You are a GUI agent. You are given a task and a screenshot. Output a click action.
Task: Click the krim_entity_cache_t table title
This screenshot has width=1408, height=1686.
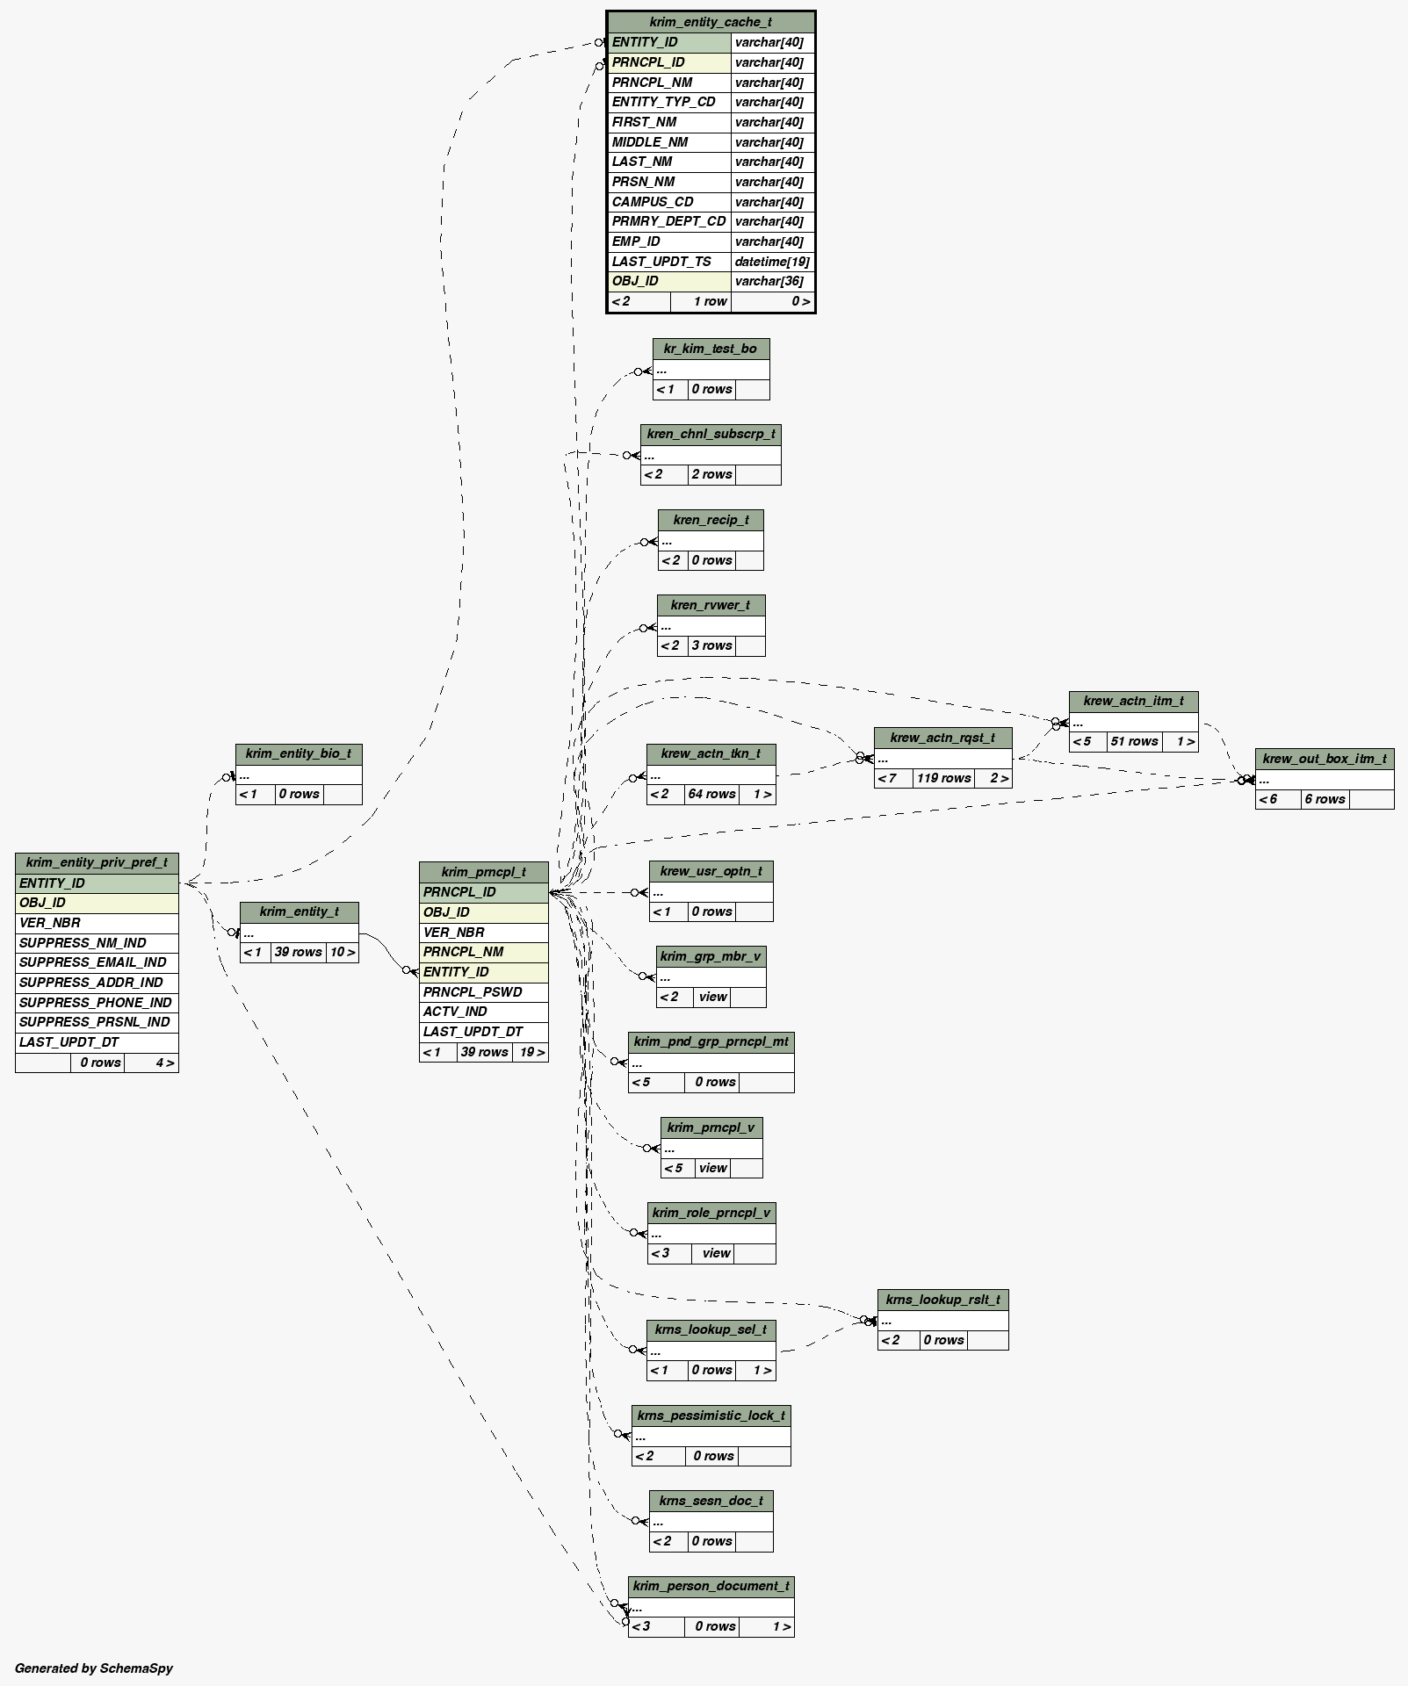(711, 22)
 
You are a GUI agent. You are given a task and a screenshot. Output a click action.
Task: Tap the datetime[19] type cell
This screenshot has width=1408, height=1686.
(772, 262)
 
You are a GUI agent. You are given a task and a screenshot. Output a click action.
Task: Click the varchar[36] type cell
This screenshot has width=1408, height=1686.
(769, 281)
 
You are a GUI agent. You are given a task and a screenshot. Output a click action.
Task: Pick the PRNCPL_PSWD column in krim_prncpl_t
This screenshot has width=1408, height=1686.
(473, 992)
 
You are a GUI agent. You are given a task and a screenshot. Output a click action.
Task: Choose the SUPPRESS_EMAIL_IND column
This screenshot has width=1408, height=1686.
(93, 962)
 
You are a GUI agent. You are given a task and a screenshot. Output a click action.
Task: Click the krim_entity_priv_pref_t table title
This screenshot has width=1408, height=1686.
(97, 862)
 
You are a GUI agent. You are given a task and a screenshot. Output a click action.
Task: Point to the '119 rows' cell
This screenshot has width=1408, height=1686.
(944, 778)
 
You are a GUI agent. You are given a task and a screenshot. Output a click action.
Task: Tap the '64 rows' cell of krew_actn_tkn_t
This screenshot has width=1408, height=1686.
(711, 795)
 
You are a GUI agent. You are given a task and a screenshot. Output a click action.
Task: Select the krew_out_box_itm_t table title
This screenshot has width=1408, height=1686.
(1324, 759)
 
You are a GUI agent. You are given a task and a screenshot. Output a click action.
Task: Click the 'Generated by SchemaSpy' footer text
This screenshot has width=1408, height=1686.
(94, 1668)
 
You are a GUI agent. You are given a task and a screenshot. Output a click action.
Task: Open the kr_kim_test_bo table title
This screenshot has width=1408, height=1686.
(711, 349)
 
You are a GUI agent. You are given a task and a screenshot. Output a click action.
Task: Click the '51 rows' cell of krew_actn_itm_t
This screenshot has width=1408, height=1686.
(1134, 742)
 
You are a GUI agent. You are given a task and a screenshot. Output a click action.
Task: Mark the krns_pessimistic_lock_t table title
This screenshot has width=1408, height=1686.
(711, 1416)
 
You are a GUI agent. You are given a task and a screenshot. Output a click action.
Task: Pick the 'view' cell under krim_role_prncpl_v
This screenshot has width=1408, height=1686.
(716, 1253)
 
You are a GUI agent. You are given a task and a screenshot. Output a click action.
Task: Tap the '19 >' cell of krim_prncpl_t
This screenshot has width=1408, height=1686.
(531, 1052)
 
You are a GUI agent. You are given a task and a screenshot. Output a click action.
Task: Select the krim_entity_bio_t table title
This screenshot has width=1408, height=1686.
(299, 753)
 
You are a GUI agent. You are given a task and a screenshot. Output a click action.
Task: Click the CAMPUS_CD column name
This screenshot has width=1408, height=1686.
(653, 202)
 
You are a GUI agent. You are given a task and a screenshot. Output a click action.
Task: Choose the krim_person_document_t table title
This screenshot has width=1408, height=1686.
(711, 1586)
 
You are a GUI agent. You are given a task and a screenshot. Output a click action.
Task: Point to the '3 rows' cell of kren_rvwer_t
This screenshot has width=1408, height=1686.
(711, 645)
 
